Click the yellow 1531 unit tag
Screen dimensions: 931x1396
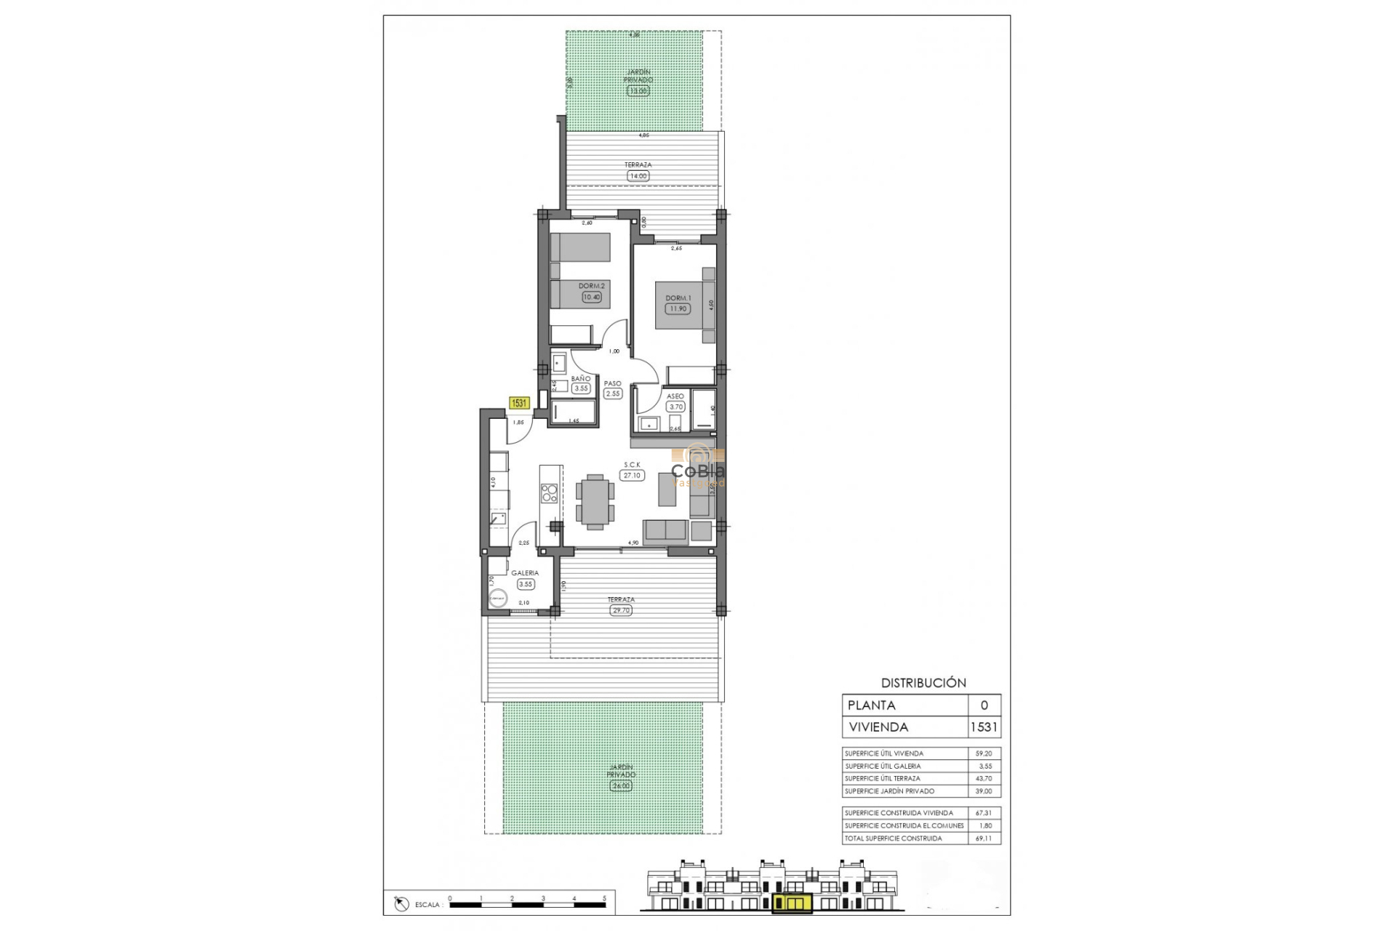click(519, 403)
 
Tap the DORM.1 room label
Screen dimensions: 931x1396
click(678, 298)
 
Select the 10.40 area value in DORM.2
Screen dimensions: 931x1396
click(591, 297)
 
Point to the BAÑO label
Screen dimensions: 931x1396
click(580, 379)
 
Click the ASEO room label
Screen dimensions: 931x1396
click(675, 396)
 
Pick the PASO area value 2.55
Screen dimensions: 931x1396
click(613, 393)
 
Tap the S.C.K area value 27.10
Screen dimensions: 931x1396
click(631, 475)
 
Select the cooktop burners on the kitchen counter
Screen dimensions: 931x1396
click(550, 494)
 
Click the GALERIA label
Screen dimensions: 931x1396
click(524, 573)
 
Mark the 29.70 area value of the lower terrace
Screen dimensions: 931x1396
click(621, 610)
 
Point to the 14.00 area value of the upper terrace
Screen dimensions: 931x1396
click(637, 176)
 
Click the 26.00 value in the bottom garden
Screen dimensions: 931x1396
click(621, 786)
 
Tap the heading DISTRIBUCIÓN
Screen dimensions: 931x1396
click(923, 683)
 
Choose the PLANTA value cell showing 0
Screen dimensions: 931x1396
click(984, 706)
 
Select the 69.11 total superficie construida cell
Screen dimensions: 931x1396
click(983, 839)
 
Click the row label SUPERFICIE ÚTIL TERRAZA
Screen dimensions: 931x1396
click(883, 778)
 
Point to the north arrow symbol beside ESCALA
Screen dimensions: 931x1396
click(401, 904)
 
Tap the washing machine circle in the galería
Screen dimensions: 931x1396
click(498, 599)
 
